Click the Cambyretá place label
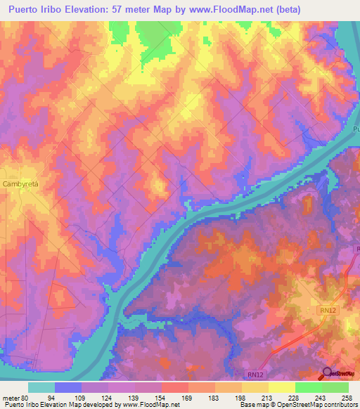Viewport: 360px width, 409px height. point(24,183)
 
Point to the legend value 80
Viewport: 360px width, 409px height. point(24,397)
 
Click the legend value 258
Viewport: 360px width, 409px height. point(347,397)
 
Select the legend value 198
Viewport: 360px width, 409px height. point(240,397)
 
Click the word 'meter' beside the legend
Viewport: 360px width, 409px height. point(10,397)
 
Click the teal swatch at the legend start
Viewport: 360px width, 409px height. point(41,387)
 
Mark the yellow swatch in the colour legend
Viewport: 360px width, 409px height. point(281,387)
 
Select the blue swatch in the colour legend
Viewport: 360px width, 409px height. point(68,387)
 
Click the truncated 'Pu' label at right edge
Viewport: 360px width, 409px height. point(355,129)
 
